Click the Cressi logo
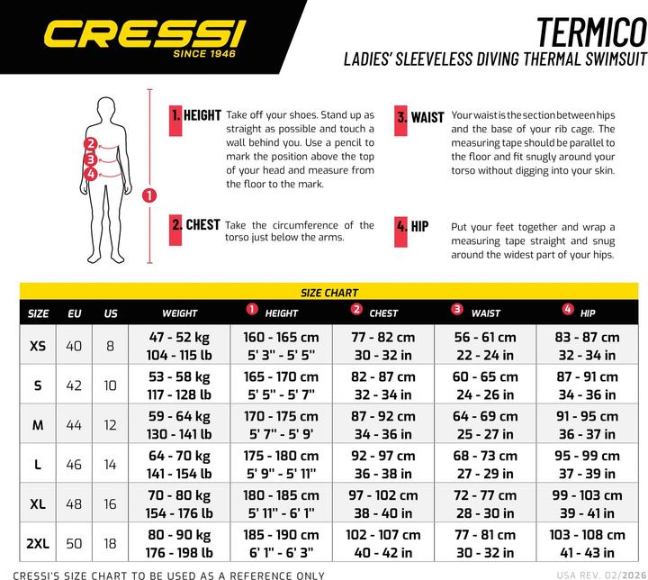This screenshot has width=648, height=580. (x=144, y=35)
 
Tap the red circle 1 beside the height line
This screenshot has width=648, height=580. (x=149, y=195)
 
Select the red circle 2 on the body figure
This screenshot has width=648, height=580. (x=91, y=143)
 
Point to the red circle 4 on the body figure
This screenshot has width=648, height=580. (x=91, y=174)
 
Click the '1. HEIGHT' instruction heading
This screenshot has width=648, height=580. (x=196, y=115)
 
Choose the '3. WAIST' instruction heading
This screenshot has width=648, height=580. (x=419, y=117)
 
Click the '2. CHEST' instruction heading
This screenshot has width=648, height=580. (x=196, y=224)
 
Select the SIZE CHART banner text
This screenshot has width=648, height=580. (x=328, y=293)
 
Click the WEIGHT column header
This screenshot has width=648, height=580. (x=179, y=313)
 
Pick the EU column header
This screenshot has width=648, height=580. (x=75, y=313)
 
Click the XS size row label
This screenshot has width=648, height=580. (x=38, y=346)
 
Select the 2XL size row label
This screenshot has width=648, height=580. (x=38, y=544)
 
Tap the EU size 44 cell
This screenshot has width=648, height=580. (x=75, y=425)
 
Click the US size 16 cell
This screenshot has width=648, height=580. (x=111, y=504)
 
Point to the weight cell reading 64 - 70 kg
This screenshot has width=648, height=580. (x=179, y=456)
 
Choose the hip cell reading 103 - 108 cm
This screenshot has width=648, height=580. (x=587, y=535)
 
